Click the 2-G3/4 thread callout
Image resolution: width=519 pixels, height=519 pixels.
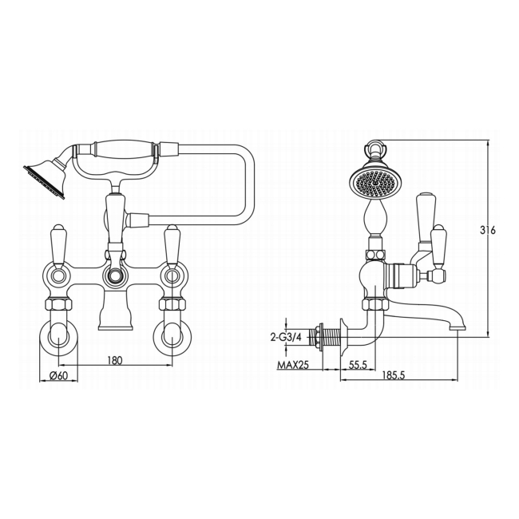[287, 338]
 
